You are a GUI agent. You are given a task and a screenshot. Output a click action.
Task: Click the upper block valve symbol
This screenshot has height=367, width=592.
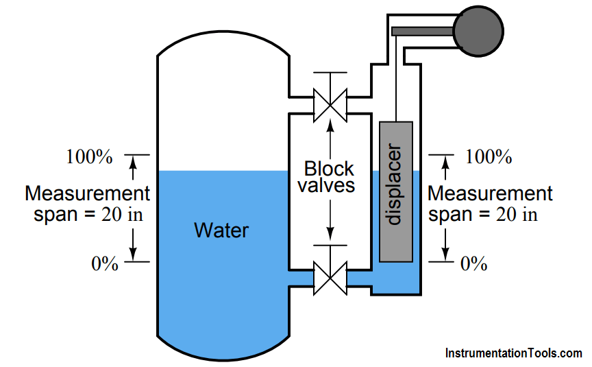[330, 103]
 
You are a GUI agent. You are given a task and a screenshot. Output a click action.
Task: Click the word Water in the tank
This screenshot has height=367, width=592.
[221, 230]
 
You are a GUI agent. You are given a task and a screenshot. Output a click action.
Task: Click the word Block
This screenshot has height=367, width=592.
[330, 169]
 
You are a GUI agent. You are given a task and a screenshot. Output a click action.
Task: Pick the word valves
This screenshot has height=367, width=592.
[330, 185]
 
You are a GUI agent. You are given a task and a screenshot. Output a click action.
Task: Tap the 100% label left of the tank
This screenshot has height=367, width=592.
[89, 157]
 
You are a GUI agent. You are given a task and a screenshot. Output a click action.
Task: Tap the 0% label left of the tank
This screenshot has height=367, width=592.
[105, 264]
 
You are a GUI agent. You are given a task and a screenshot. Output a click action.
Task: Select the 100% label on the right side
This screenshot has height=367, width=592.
[489, 157]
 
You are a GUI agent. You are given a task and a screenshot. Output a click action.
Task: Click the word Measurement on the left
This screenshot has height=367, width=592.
[87, 193]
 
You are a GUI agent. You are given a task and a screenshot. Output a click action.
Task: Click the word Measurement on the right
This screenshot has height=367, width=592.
[490, 193]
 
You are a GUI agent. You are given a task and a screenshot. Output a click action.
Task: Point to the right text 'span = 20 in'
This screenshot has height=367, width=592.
[484, 214]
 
